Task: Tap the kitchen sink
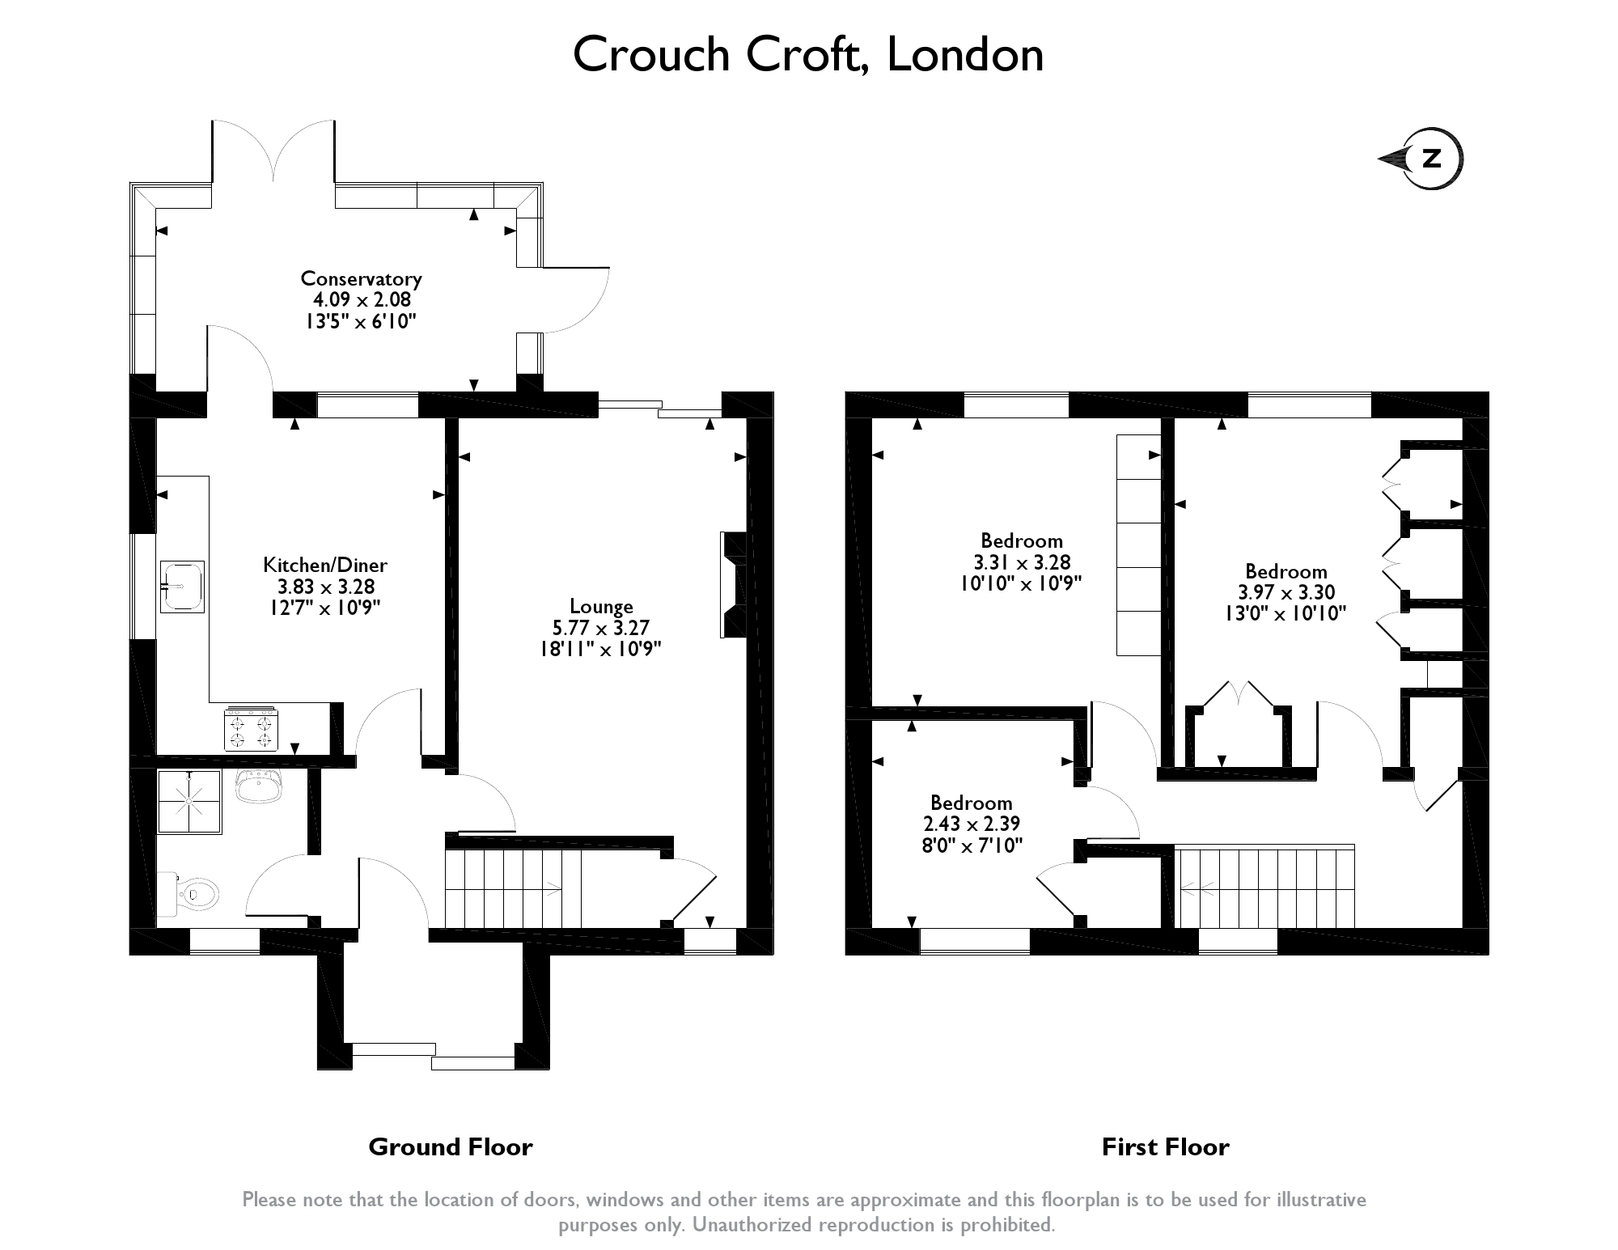[x=182, y=587]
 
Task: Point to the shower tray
[x=189, y=801]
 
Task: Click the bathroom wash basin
[x=259, y=786]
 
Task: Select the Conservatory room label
[x=361, y=278]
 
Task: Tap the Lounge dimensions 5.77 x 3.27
[x=600, y=627]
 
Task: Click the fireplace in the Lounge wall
[x=733, y=585]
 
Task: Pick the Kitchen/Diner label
[x=325, y=565]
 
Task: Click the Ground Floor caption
[x=450, y=1146]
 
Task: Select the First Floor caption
[x=1165, y=1146]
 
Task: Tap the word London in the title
[x=965, y=55]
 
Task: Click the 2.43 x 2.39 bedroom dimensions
[x=971, y=824]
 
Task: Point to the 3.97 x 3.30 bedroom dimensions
[x=1286, y=592]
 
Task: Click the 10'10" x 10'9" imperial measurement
[x=1020, y=583]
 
